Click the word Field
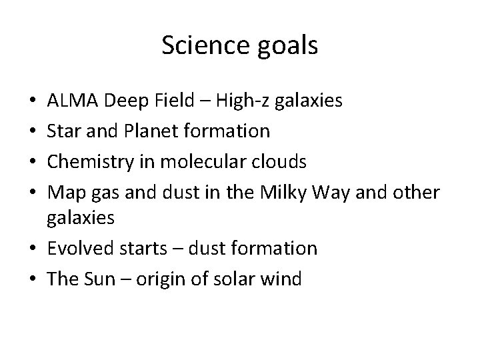[x=173, y=101]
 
